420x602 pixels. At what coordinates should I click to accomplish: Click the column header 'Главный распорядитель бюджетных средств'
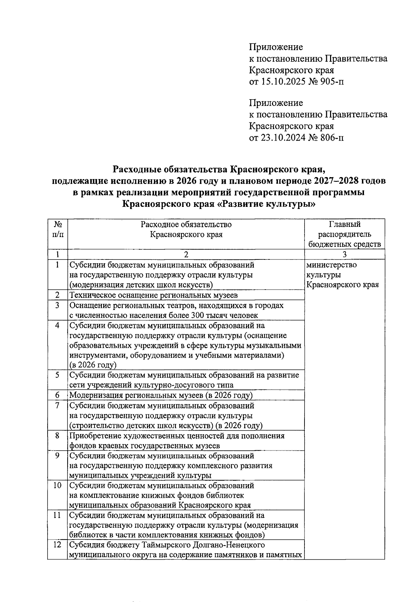pyautogui.click(x=344, y=234)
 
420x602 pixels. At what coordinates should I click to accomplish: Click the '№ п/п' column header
pyautogui.click(x=57, y=229)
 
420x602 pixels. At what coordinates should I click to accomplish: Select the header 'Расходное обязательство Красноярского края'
pyautogui.click(x=186, y=229)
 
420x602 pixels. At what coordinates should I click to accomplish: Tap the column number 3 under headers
pyautogui.click(x=344, y=254)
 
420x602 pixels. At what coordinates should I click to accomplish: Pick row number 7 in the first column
pyautogui.click(x=57, y=406)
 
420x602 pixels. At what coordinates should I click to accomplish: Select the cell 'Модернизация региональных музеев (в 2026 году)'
pyautogui.click(x=161, y=395)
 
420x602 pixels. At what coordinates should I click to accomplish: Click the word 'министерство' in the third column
pyautogui.click(x=331, y=265)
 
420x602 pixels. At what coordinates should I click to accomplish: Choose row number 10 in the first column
pyautogui.click(x=57, y=486)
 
